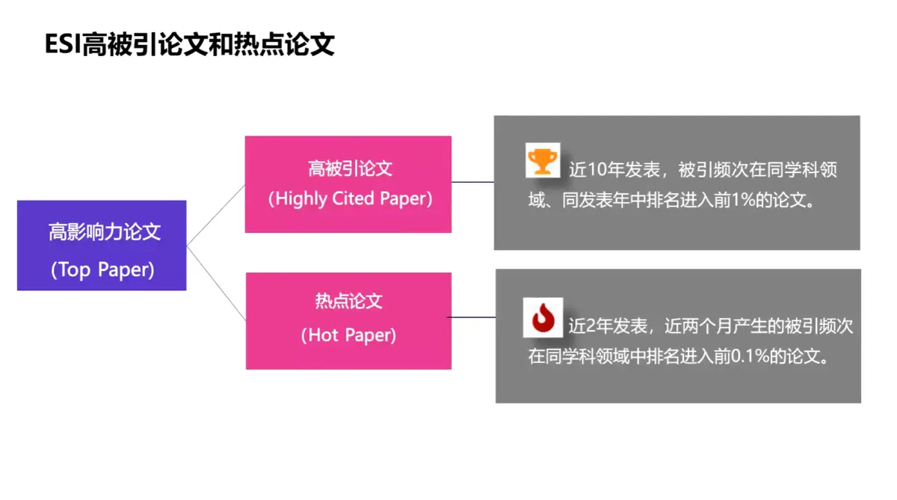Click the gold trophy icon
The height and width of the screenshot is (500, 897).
(543, 160)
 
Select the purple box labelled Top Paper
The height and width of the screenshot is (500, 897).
(102, 246)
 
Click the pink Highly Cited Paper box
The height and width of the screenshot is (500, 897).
(348, 184)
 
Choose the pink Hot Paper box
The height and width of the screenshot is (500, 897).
(348, 320)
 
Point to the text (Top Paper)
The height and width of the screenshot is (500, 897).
(102, 270)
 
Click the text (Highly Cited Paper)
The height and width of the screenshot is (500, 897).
(350, 199)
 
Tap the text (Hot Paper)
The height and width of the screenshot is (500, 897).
(348, 335)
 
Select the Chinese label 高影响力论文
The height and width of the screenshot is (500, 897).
(105, 232)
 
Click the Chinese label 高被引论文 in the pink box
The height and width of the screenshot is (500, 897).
(350, 168)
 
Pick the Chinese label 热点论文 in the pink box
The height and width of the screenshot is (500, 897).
(348, 302)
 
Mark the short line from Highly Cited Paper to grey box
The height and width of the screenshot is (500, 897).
(472, 182)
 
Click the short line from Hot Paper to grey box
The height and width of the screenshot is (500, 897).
(472, 317)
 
